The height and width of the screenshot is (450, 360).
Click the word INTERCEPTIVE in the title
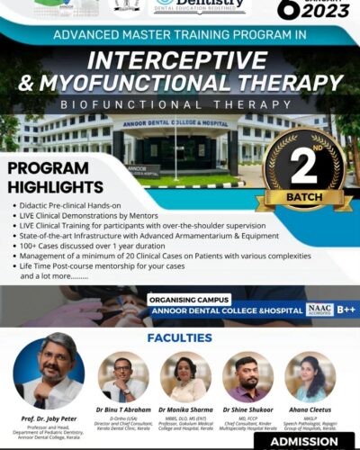[180, 67]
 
